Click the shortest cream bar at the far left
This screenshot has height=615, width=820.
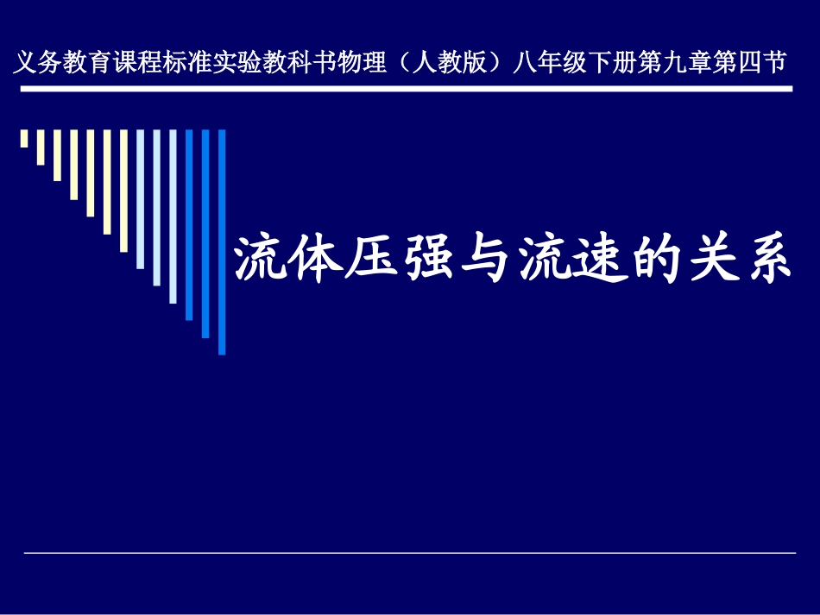pyautogui.click(x=24, y=138)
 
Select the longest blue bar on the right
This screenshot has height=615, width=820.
pyautogui.click(x=222, y=242)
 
